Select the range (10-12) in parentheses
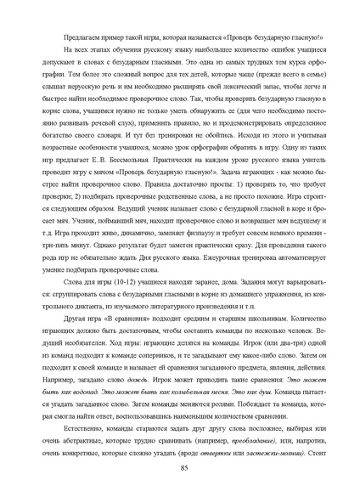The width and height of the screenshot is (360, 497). point(121,293)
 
